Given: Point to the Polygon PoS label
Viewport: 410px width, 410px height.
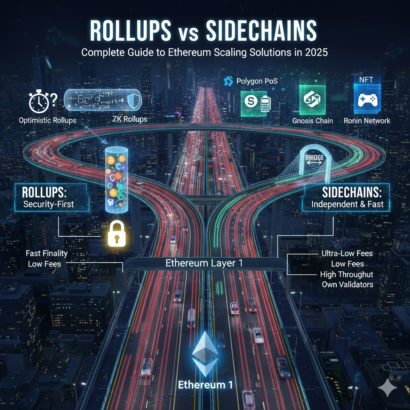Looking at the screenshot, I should coord(257,82).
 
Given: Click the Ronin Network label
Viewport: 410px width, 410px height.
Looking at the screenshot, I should coord(367,120).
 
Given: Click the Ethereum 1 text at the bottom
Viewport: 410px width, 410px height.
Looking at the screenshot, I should coord(205,385).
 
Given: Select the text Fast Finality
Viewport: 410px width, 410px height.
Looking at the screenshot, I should coord(46,253).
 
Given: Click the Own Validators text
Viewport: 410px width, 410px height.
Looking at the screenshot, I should coord(348,285).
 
